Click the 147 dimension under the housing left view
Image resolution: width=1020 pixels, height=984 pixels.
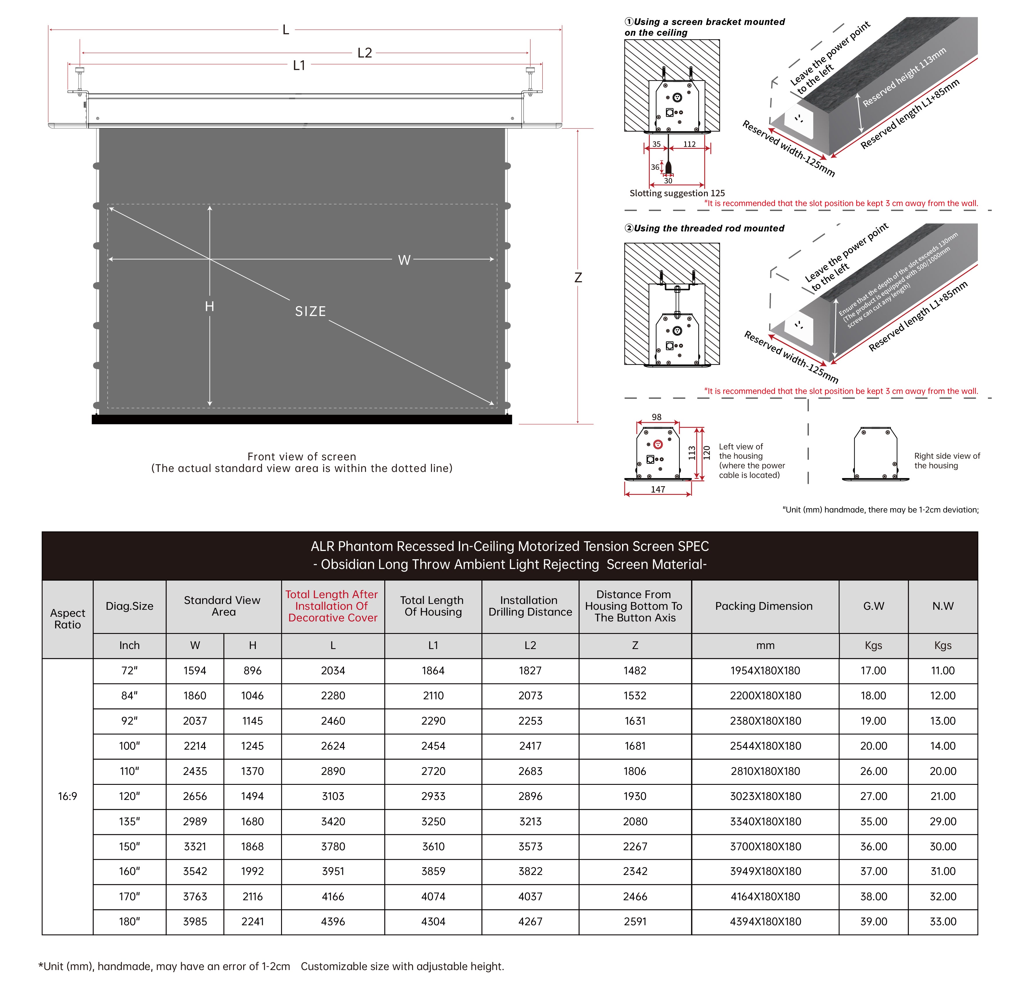point(658,489)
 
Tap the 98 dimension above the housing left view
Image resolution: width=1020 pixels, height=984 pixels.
point(657,417)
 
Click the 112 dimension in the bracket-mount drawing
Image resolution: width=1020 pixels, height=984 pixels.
point(689,144)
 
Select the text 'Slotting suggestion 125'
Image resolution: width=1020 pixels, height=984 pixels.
point(677,193)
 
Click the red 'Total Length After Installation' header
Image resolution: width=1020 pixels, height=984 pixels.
point(333,606)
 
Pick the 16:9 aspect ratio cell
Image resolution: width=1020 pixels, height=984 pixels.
point(68,796)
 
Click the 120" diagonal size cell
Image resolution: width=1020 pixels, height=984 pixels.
point(130,796)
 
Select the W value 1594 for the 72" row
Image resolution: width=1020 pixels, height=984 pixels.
point(195,671)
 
